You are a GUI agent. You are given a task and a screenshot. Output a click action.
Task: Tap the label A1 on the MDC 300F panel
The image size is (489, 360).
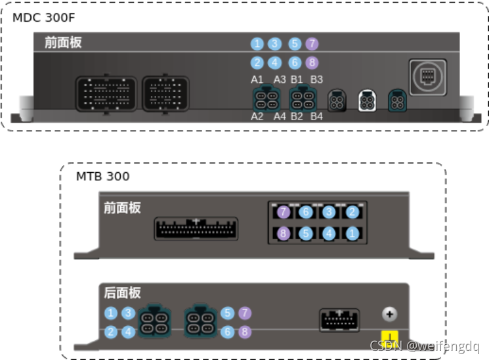(257, 79)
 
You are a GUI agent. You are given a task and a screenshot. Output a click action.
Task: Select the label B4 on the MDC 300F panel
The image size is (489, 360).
(316, 117)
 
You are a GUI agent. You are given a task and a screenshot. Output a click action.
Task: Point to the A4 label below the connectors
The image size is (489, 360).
(280, 117)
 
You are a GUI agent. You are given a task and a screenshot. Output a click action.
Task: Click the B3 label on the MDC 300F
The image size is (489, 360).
(316, 79)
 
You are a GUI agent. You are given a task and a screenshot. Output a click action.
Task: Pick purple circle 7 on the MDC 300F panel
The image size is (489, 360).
(312, 44)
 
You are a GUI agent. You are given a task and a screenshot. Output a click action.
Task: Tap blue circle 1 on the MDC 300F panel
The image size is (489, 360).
(257, 44)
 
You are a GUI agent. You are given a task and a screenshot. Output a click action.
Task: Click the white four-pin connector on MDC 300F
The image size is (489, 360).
(366, 101)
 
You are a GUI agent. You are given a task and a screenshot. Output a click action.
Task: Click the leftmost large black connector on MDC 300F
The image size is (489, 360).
(106, 95)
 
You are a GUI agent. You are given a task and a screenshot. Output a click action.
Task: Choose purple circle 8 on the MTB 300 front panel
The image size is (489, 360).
(284, 233)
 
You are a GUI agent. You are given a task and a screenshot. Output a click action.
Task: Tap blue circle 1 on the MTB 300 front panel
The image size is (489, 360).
(352, 233)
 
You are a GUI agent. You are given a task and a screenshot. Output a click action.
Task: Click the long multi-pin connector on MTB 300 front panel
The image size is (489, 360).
(196, 229)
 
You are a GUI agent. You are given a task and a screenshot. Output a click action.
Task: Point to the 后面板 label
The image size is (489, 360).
(122, 292)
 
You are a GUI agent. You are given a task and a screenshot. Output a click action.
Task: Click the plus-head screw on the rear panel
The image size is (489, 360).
(389, 314)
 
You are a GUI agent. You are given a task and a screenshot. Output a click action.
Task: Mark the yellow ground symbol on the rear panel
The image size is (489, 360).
(389, 337)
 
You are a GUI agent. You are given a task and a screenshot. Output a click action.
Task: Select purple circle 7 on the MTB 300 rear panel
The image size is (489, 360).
(245, 313)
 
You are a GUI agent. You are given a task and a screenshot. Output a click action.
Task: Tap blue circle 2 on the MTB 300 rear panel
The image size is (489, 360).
(111, 332)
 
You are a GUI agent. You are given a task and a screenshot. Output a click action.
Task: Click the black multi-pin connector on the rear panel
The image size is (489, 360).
(339, 321)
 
